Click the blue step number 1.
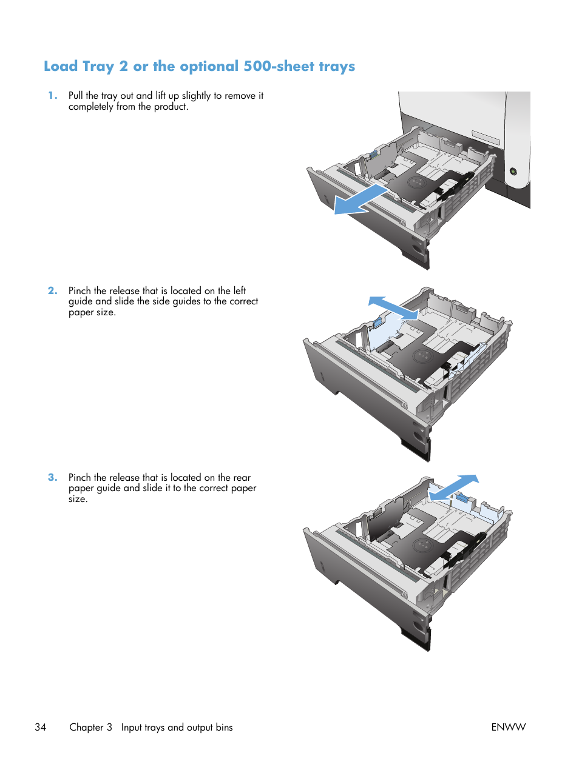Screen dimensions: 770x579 coord(53,95)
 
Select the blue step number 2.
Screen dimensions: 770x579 coord(53,290)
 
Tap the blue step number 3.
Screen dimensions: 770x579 coord(53,477)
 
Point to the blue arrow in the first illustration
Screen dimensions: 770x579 coord(361,200)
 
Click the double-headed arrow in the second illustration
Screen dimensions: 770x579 coord(393,308)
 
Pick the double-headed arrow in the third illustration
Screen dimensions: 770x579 coord(454,487)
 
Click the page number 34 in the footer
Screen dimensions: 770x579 coord(40,727)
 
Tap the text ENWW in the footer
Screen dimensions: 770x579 coord(508,727)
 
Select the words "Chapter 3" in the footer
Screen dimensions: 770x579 coord(90,727)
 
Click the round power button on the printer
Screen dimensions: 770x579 coord(513,172)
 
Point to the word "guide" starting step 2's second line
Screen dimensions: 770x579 coord(80,301)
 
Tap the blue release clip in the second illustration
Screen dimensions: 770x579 coord(378,322)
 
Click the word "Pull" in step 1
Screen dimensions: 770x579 coord(75,96)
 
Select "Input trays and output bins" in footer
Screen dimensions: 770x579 coord(177,727)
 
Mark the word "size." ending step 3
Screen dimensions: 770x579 coord(78,499)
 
